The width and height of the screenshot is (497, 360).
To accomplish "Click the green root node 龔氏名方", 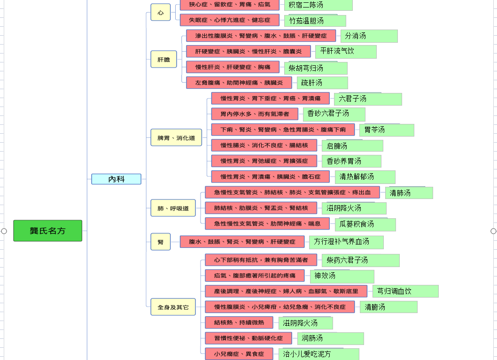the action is coord(47,231).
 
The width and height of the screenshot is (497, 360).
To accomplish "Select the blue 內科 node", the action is coord(116,179).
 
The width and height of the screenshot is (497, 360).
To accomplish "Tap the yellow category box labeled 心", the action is coord(160,12).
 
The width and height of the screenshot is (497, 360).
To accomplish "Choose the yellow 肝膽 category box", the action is coord(163,59).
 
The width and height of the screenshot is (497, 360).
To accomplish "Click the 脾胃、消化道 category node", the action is coord(176,138).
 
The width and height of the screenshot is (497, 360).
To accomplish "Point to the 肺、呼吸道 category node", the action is coord(173,208).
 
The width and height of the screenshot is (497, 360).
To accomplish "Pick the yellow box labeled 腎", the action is coord(160,242).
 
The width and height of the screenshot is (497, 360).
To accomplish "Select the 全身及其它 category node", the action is coord(173,307).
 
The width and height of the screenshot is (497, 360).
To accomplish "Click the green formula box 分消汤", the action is coord(369,36).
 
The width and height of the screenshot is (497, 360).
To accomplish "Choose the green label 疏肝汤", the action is coord(322,83).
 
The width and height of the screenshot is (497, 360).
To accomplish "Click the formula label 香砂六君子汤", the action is coord(334,114).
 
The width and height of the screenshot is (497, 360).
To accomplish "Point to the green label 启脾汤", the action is coord(352,146).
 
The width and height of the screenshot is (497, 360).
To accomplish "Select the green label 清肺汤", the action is coord(409,193).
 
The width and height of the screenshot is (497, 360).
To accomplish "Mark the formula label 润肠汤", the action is coord(331,338).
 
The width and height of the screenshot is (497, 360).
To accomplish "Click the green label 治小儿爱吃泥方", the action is coord(319,354).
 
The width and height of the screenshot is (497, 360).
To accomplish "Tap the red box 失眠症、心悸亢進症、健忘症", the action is coord(230,20).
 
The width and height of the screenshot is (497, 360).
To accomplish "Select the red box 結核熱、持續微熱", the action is coord(239,322).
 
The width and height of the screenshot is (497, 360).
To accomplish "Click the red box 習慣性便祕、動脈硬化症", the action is coord(248,338).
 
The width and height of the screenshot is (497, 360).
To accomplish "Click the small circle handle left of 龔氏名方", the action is coord(4,231).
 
